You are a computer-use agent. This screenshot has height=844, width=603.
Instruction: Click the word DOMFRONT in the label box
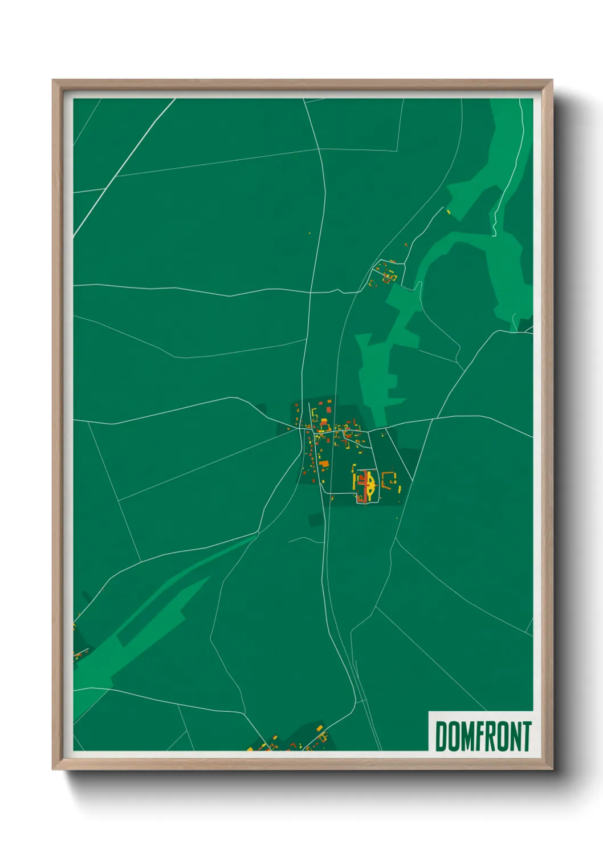483,736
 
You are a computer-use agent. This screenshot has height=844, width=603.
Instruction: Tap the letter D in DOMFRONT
442,736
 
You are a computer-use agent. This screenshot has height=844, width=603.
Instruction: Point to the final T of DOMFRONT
527,736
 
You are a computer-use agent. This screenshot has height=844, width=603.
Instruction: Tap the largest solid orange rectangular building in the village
324,464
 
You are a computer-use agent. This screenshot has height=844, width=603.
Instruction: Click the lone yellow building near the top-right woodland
449,213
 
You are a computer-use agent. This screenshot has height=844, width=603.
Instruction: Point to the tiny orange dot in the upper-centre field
309,233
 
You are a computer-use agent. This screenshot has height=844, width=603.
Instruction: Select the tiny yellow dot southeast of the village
397,518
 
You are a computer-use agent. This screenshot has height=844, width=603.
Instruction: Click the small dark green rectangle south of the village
315,519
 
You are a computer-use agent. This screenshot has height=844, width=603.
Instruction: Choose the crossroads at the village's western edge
301,428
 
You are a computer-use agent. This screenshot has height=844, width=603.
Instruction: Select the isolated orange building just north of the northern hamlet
406,244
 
